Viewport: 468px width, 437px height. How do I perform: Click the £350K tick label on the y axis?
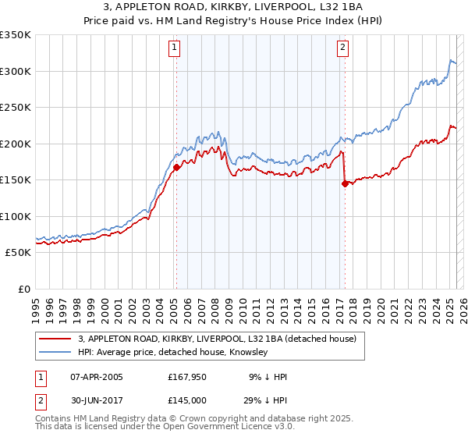[16, 35]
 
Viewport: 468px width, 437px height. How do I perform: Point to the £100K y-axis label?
[16, 216]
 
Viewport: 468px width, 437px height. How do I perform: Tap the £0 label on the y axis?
[23, 289]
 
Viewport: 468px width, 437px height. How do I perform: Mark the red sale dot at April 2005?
[177, 167]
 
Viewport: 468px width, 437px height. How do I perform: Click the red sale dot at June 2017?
[345, 183]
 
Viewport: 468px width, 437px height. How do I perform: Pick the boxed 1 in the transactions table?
[41, 377]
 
